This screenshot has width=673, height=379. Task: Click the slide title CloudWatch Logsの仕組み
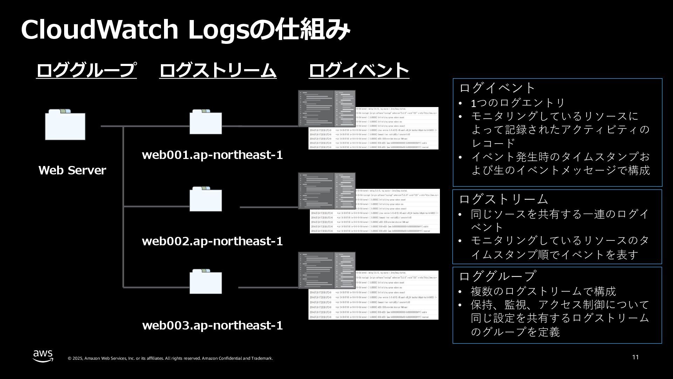(185, 30)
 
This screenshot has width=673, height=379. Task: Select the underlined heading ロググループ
(86, 70)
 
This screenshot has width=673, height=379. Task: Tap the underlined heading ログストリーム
(218, 70)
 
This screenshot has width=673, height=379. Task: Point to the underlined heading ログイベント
(359, 70)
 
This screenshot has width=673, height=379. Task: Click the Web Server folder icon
(65, 125)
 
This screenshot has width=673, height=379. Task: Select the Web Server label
(72, 170)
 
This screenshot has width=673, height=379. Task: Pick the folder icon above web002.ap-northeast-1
(205, 199)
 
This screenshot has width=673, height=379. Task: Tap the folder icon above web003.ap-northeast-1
(205, 282)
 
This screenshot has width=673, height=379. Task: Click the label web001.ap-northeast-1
(212, 155)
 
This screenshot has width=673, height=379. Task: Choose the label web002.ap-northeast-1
(212, 241)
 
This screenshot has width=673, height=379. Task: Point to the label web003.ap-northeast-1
(212, 325)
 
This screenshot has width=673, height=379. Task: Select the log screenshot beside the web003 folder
(368, 286)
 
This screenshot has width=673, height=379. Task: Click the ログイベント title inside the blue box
(497, 88)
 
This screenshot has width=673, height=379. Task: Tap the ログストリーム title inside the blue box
(503, 199)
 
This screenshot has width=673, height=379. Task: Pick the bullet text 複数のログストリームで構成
(543, 291)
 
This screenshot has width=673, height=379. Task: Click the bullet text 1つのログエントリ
(518, 103)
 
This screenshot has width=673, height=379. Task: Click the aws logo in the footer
(43, 355)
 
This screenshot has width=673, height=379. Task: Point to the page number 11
(635, 357)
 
